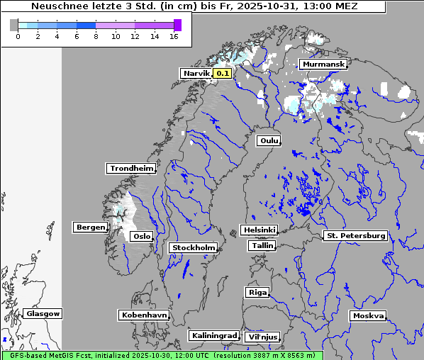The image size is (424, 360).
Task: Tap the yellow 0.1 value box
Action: coord(223,73)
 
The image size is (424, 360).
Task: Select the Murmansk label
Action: coord(323,64)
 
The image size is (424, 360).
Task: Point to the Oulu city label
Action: coord(269,140)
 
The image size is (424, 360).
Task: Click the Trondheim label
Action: coord(131,168)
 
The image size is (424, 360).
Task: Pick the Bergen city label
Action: coord(89,227)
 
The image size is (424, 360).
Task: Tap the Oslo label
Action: coord(142,236)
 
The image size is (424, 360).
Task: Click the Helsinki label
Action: coord(259,230)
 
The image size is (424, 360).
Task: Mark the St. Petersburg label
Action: coord(355,235)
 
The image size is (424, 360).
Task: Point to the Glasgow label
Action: coord(43,313)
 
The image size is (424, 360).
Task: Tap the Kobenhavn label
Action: coord(144,314)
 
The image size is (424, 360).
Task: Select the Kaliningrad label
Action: coord(213,335)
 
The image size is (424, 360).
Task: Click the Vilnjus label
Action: coord(262,337)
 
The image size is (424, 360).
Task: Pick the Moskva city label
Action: coord(368,315)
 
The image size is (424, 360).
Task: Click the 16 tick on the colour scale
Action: coord(174,36)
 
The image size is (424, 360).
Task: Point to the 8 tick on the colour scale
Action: coord(96,36)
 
